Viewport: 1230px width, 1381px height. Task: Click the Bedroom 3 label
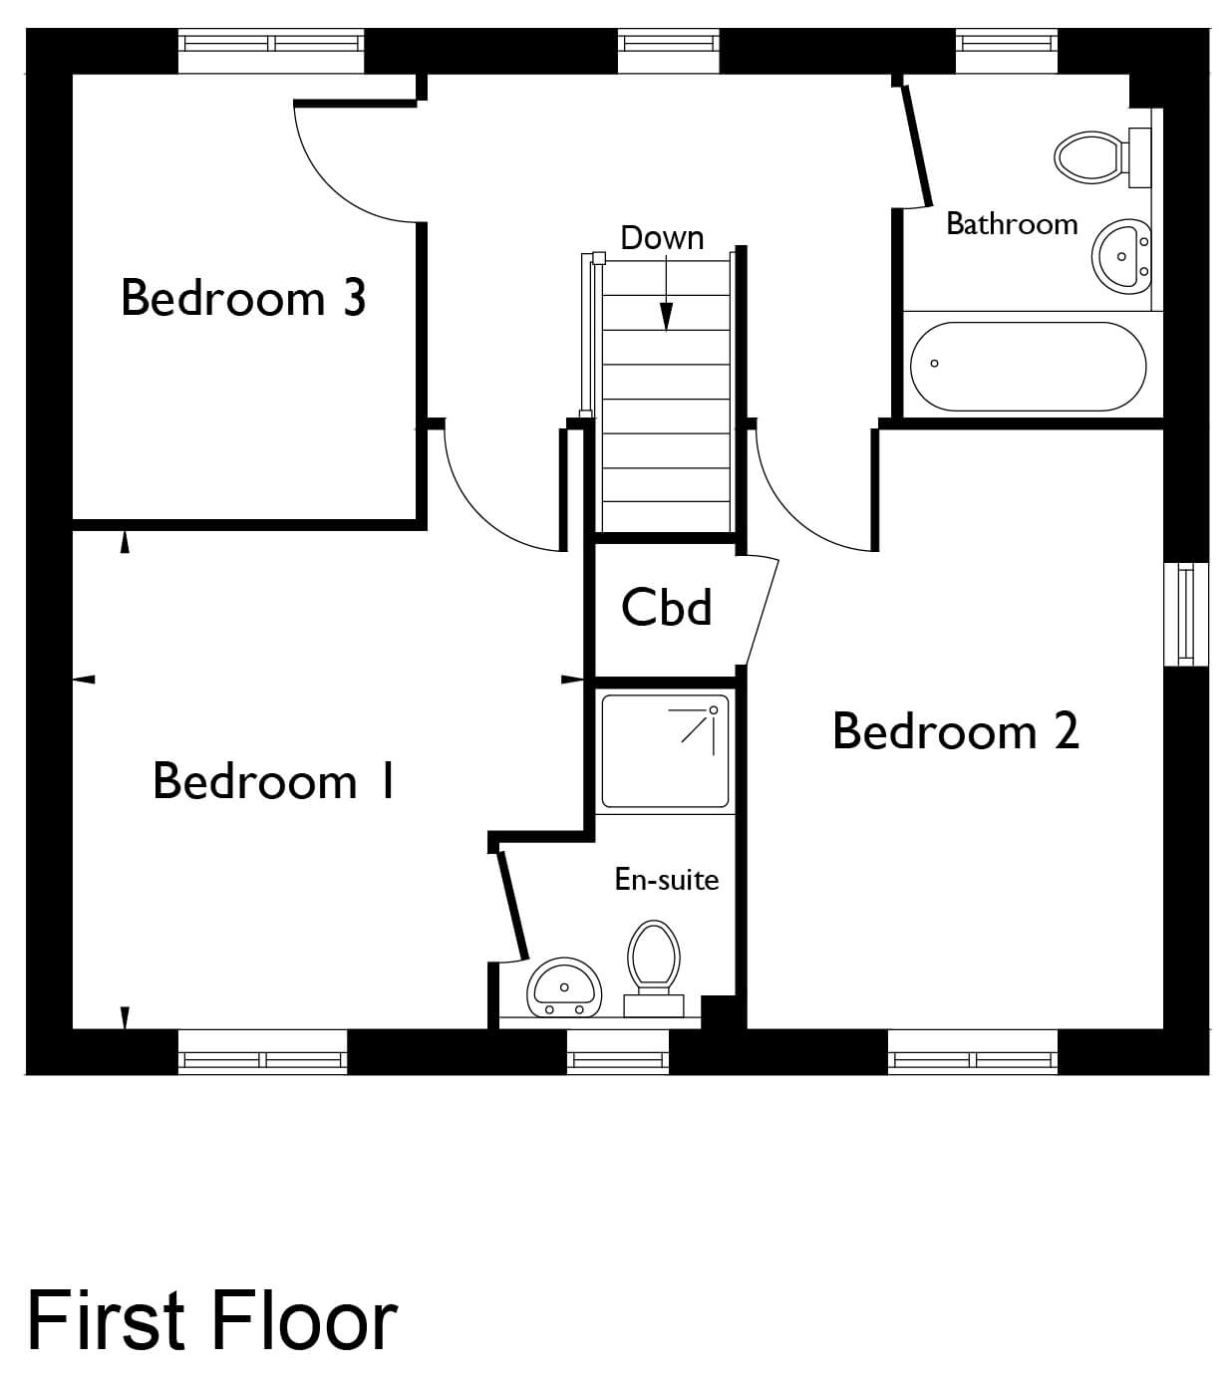click(x=243, y=298)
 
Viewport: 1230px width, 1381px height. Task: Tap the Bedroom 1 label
click(x=273, y=780)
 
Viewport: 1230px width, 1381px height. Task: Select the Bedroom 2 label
click(x=956, y=730)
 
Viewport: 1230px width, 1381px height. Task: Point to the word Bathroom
click(x=1012, y=223)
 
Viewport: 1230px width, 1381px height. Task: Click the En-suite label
click(x=666, y=879)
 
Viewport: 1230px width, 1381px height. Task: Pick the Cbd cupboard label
click(x=666, y=607)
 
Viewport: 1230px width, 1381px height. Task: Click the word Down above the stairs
click(x=662, y=237)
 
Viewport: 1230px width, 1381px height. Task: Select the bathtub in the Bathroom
click(x=1029, y=366)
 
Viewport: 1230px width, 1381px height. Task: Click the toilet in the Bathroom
click(x=1101, y=156)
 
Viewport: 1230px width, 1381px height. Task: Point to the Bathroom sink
click(x=1121, y=257)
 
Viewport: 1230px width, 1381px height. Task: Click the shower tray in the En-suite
click(x=665, y=751)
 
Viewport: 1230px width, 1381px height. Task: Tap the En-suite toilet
click(x=654, y=968)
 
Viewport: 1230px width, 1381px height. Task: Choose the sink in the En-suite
click(x=564, y=987)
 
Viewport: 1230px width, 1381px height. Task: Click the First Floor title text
click(x=212, y=1319)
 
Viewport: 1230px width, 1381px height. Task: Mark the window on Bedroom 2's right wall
click(x=1186, y=614)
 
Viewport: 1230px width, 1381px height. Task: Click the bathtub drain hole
click(x=934, y=364)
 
